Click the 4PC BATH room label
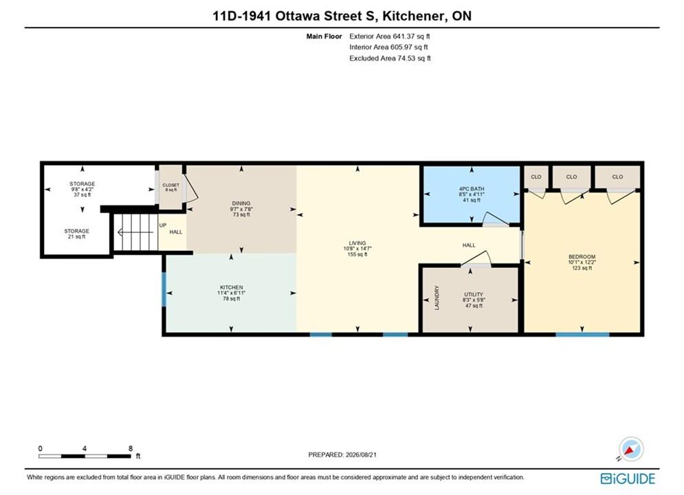point(472,189)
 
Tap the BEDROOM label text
point(582,257)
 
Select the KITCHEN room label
point(231,287)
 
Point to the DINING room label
point(241,203)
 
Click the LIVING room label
point(357,243)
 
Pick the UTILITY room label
point(474,294)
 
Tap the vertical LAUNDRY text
point(437,298)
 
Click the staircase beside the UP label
point(135,232)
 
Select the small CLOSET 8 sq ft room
point(170,187)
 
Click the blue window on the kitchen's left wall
point(164,289)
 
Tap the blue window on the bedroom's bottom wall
point(582,335)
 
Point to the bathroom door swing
point(496,219)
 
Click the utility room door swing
point(476,257)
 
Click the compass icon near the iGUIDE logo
point(631,449)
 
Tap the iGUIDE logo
point(628,478)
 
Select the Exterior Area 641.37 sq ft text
point(390,36)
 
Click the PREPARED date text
point(342,454)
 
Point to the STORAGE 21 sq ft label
point(77,234)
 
